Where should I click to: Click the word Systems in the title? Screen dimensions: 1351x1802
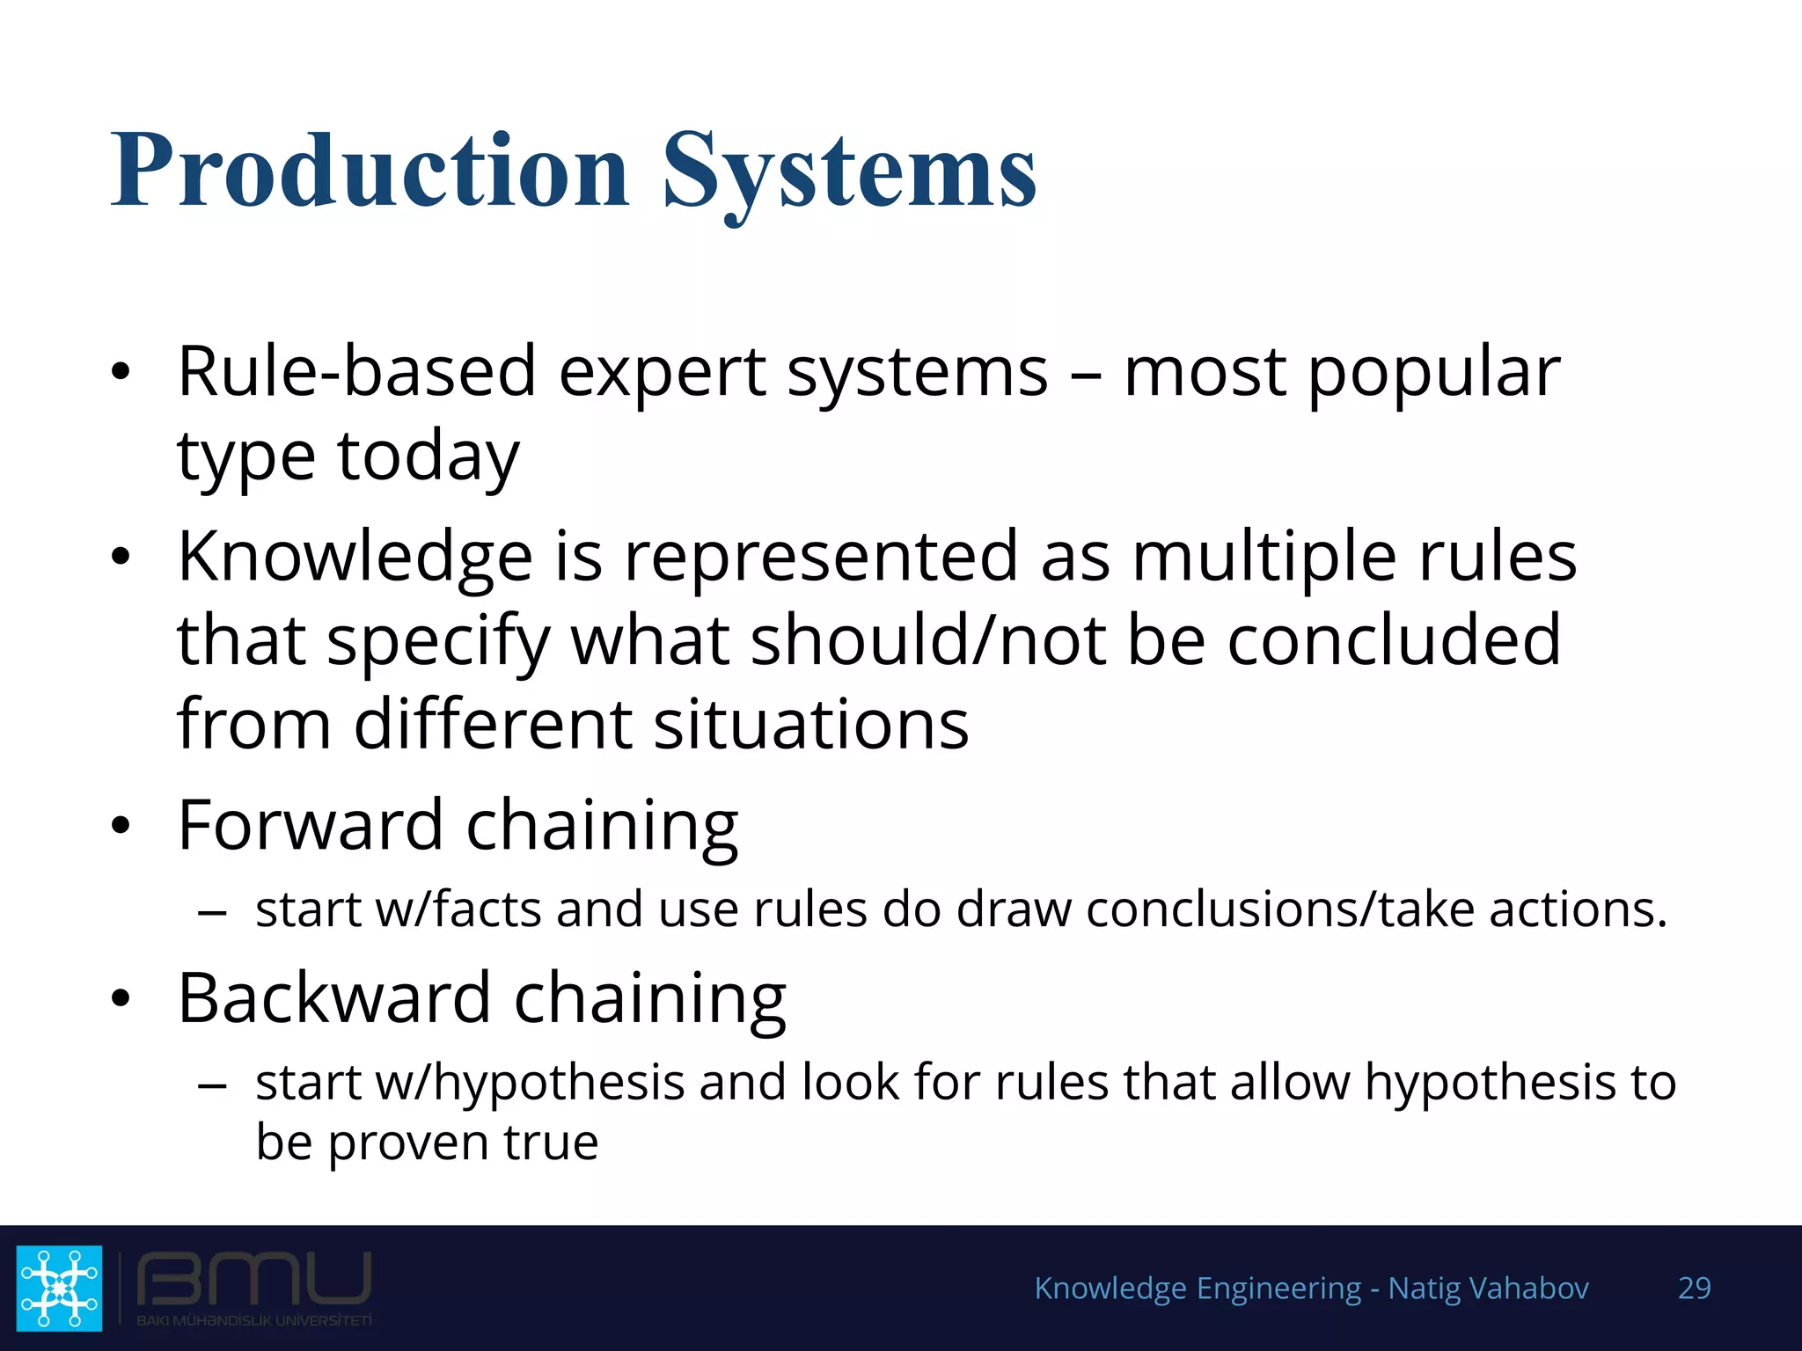(x=849, y=172)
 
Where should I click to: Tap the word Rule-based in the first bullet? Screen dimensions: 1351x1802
(x=356, y=371)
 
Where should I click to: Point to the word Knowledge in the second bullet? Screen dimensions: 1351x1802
(x=355, y=558)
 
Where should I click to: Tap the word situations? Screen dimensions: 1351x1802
(x=811, y=725)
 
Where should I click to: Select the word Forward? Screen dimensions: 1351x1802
(x=310, y=825)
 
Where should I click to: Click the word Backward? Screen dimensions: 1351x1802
(x=333, y=998)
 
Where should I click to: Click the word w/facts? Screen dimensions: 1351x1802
(x=458, y=909)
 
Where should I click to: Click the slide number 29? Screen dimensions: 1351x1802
(x=1694, y=1288)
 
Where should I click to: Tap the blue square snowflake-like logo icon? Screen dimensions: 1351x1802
(x=59, y=1288)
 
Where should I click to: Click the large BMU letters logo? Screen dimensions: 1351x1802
(x=253, y=1279)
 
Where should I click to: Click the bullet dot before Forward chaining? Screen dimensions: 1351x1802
(x=121, y=826)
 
